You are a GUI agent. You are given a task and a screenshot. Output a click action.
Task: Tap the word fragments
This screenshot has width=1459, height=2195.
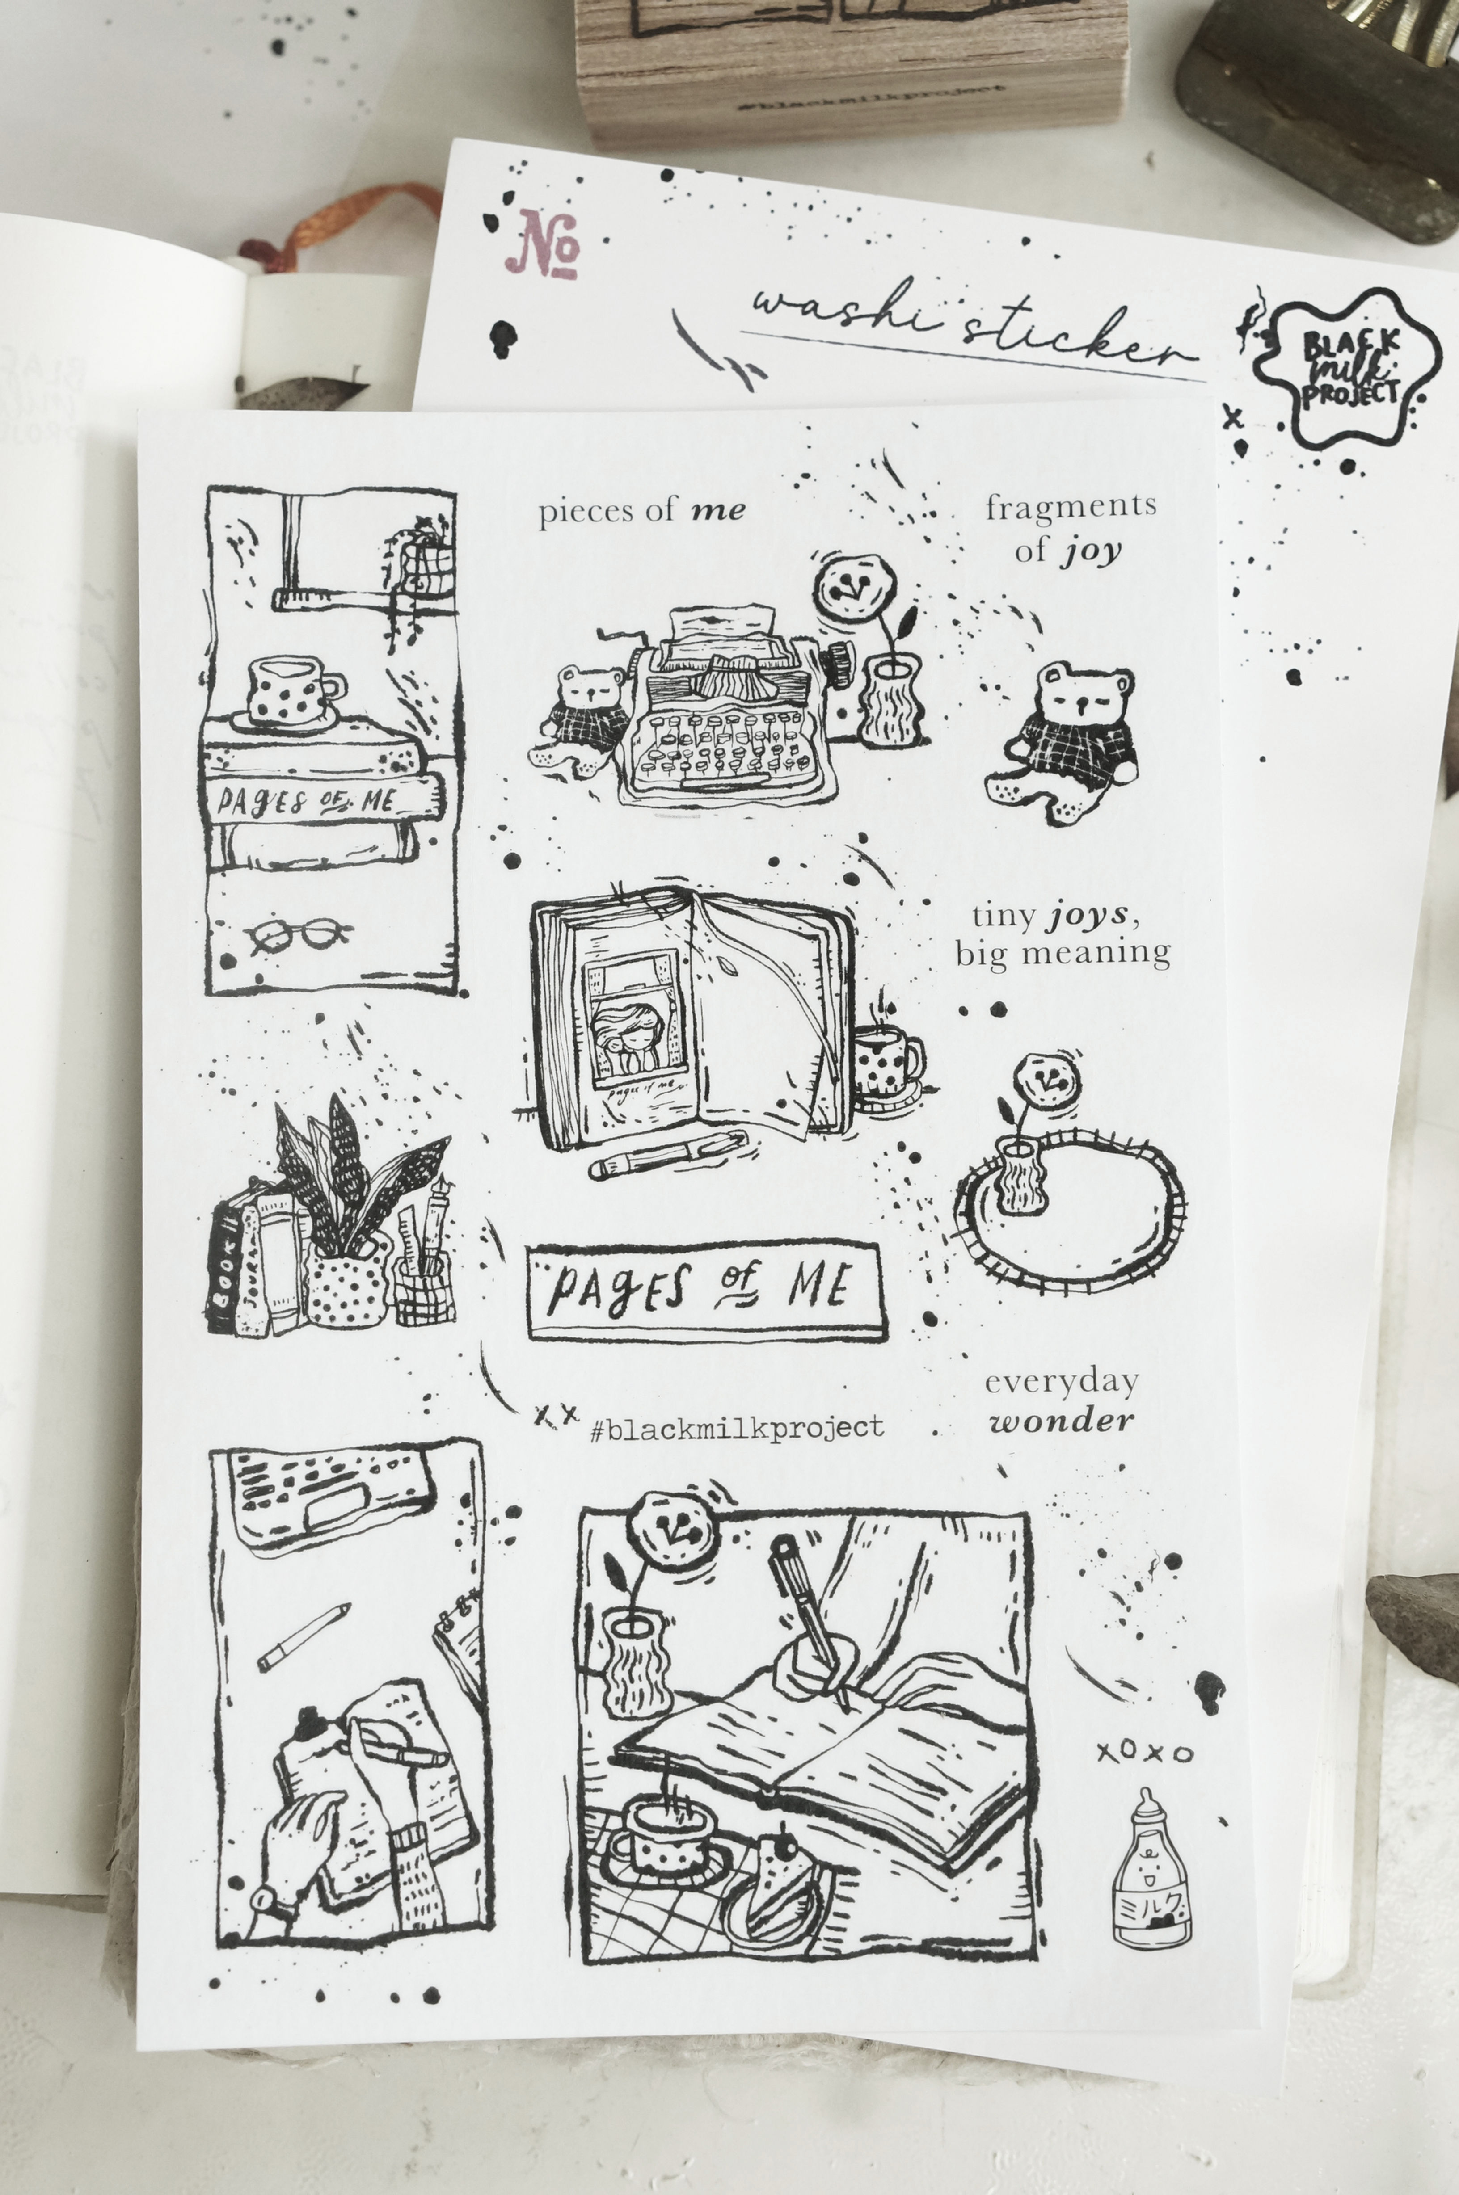click(x=1071, y=506)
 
